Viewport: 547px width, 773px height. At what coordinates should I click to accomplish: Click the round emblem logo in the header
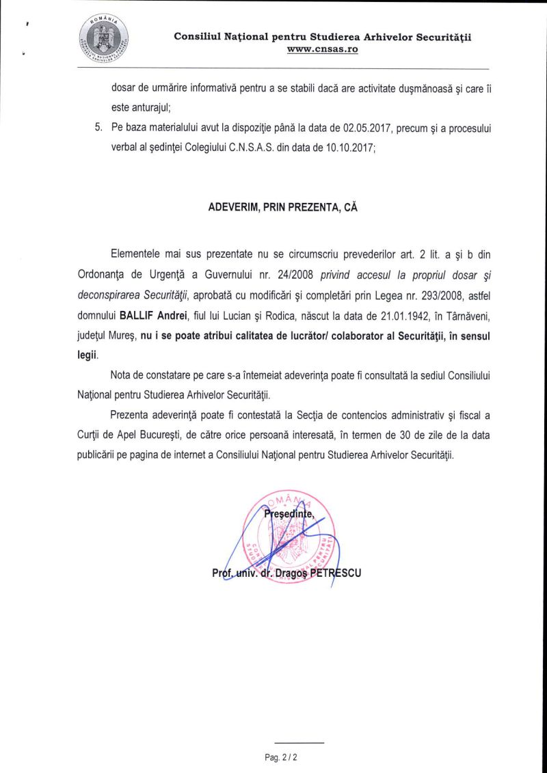(x=103, y=38)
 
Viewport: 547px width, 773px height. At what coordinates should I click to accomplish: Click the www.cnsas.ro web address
(x=323, y=50)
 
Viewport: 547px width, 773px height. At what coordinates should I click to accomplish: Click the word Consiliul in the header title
(x=195, y=36)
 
